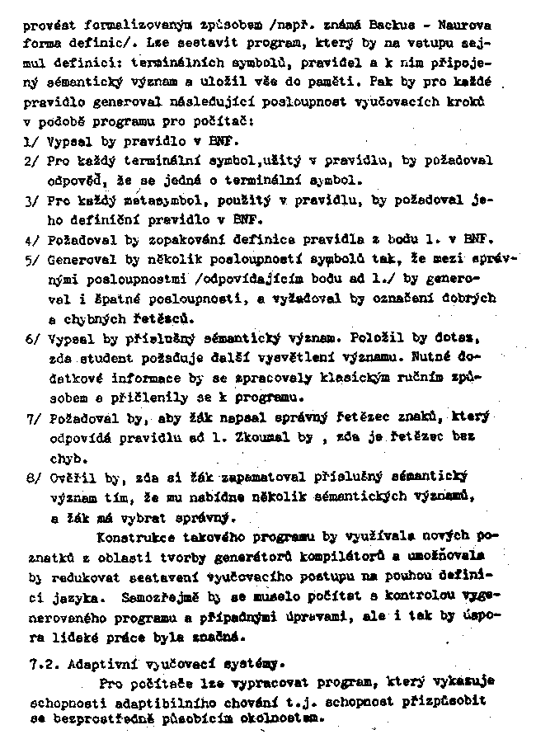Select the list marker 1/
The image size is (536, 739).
pyautogui.click(x=30, y=142)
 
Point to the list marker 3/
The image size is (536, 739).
pyautogui.click(x=31, y=200)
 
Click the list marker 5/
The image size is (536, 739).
pyautogui.click(x=31, y=260)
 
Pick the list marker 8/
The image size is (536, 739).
pyautogui.click(x=31, y=477)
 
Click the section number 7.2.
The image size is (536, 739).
pyautogui.click(x=39, y=663)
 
